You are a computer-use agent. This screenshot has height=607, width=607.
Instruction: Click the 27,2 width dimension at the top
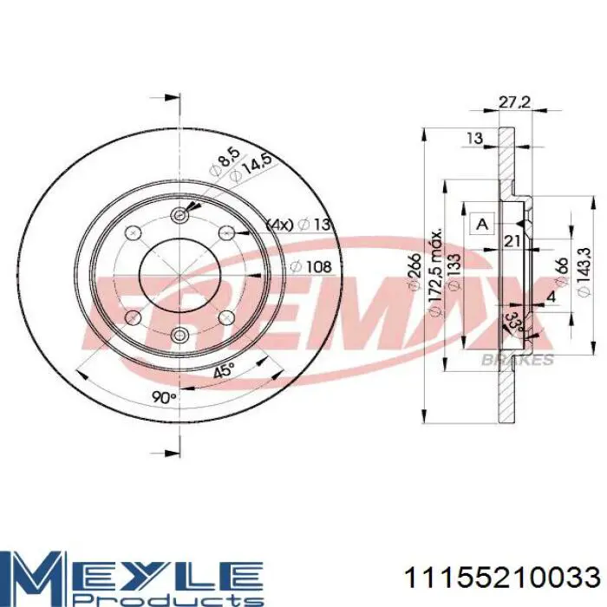(x=513, y=102)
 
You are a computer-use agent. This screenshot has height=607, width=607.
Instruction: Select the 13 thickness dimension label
(x=474, y=138)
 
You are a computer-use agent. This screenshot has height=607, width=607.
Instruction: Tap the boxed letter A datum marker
(x=482, y=224)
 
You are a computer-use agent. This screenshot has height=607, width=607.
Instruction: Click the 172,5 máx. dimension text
(x=435, y=271)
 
